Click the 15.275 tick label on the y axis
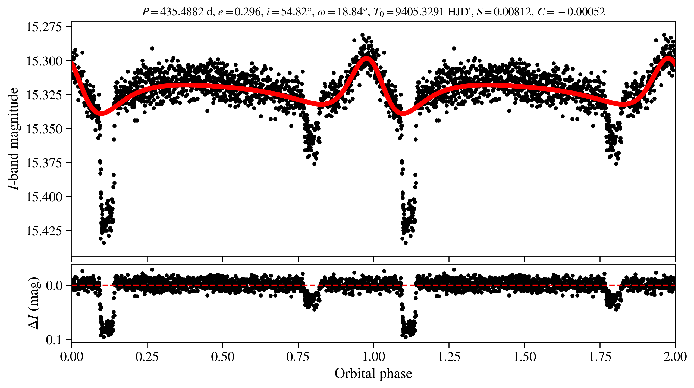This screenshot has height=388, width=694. (x=44, y=27)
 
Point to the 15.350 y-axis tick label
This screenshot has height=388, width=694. (x=44, y=129)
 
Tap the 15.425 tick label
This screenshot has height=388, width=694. (x=44, y=231)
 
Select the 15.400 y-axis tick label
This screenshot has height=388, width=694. (x=44, y=197)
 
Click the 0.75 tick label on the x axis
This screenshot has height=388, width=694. (x=298, y=356)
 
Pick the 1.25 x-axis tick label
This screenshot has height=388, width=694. (x=449, y=356)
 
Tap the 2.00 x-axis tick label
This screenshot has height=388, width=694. (x=675, y=356)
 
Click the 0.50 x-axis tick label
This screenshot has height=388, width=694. (x=222, y=356)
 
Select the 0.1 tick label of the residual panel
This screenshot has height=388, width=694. (x=54, y=340)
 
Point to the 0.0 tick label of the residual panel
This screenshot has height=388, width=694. (x=54, y=286)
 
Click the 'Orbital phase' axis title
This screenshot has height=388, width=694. (x=373, y=373)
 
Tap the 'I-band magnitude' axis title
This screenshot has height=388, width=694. (x=13, y=139)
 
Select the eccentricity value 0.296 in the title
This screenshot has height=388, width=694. (x=247, y=12)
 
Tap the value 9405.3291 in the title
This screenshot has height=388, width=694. (x=420, y=12)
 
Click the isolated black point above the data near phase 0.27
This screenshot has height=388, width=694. (x=152, y=49)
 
